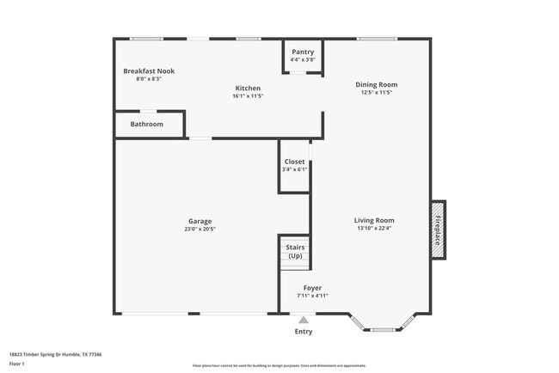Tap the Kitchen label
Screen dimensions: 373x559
[x=248, y=88]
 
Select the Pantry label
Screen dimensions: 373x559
[x=303, y=52]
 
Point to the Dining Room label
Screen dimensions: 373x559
[x=377, y=84]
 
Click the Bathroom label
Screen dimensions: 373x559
[x=147, y=125]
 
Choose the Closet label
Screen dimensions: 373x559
[x=294, y=162]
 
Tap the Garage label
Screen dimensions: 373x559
[x=200, y=221]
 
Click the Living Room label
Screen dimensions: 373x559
[x=374, y=220]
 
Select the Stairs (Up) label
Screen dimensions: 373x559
[x=295, y=251]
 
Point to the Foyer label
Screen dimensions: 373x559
[x=312, y=288]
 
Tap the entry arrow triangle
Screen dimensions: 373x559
[x=303, y=320]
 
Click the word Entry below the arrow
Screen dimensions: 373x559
[x=304, y=332]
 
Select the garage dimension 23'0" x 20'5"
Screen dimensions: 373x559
[x=200, y=229]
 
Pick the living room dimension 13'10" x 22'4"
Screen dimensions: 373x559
[x=374, y=229]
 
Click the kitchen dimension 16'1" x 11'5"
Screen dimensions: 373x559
[x=248, y=96]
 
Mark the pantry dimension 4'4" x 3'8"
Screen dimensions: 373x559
[x=303, y=59]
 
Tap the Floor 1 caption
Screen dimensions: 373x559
[x=18, y=364]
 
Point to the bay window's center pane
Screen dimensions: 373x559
[x=383, y=329]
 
